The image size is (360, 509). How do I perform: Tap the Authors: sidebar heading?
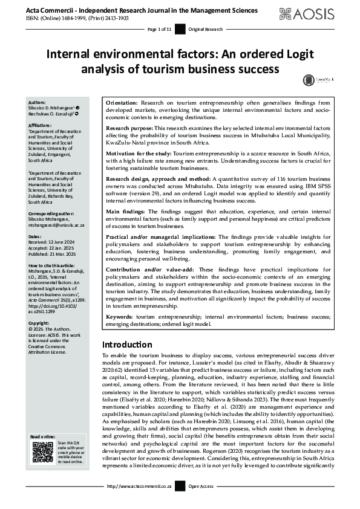click(x=38, y=103)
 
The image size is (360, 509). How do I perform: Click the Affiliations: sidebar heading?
click(x=41, y=125)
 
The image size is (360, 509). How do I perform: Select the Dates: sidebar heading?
click(x=35, y=236)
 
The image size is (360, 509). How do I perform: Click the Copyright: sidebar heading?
click(x=39, y=323)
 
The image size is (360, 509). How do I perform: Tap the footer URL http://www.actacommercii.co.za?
click(x=139, y=502)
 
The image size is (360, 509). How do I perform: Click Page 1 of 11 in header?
click(x=160, y=29)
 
